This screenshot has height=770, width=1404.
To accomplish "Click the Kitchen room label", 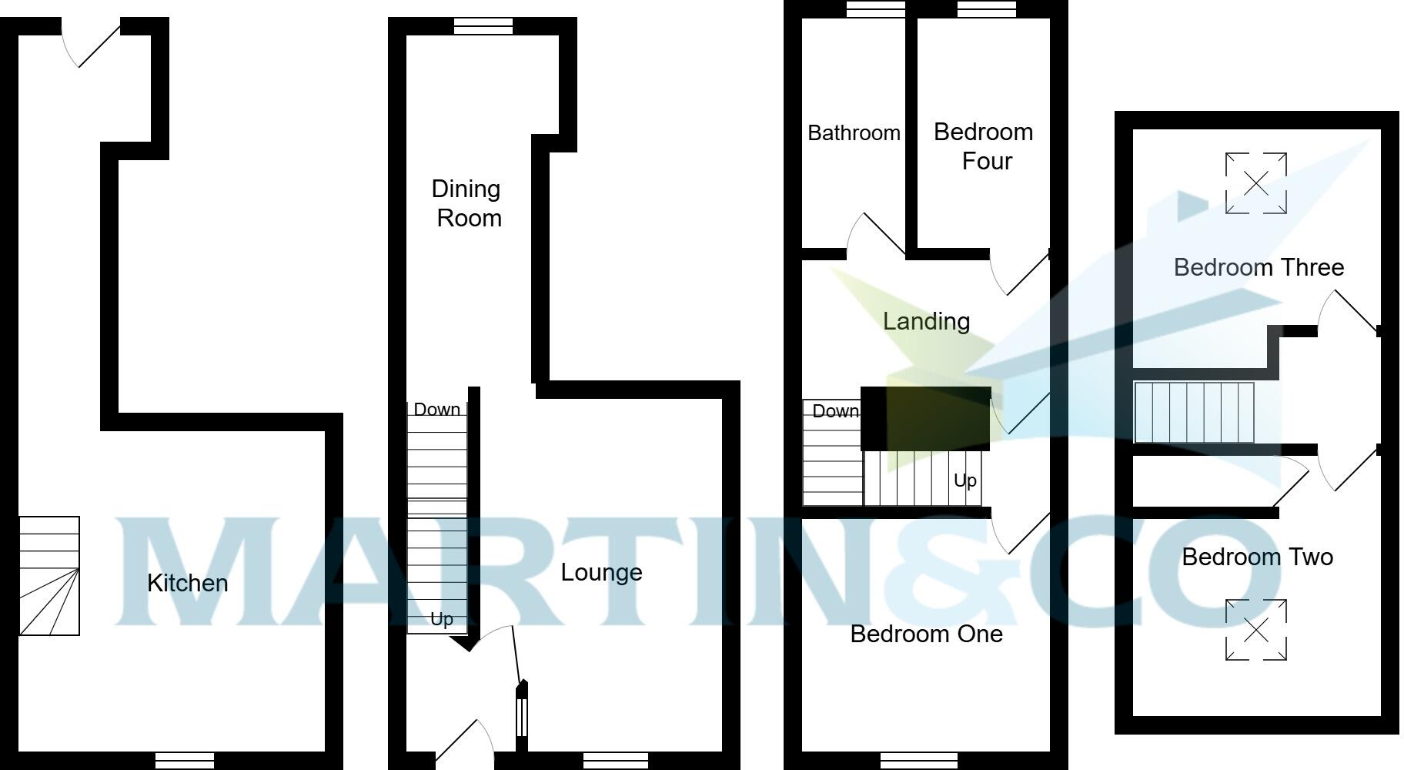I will [187, 583].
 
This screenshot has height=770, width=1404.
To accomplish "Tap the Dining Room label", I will [466, 203].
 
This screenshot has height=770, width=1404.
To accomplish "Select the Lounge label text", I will [601, 572].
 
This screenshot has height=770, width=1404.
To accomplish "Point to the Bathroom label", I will [854, 133].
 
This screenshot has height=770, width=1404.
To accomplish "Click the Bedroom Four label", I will [984, 146].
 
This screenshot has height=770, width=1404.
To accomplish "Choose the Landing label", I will [926, 321].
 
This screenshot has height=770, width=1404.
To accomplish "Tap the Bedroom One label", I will [926, 634].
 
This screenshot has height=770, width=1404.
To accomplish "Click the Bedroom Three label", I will [1259, 267].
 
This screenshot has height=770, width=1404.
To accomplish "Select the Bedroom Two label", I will [1257, 557].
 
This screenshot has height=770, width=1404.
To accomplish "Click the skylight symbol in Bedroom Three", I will [1255, 183].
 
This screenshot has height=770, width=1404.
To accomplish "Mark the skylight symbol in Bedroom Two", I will [1255, 630].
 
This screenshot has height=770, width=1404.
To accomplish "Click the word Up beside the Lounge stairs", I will [441, 619].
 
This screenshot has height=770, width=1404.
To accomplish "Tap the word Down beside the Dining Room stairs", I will [436, 410].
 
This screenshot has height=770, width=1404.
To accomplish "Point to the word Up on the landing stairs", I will [964, 480].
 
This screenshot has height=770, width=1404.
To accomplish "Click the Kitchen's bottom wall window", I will [185, 761].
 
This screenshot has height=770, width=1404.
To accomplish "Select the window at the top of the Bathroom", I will [875, 8].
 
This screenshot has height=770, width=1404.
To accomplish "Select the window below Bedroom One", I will [919, 761].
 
